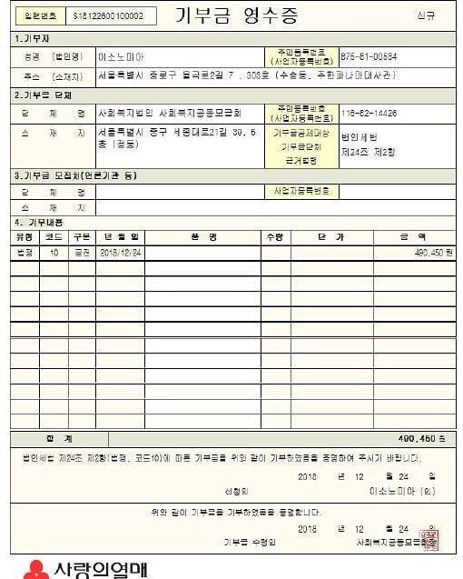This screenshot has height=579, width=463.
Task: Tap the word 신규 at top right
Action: (x=426, y=15)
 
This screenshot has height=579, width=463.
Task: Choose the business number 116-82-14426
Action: (x=369, y=113)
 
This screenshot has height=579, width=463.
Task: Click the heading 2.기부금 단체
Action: (x=43, y=95)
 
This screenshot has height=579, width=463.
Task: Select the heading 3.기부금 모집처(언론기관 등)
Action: (x=74, y=175)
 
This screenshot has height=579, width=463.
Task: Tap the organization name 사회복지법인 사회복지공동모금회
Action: (x=169, y=114)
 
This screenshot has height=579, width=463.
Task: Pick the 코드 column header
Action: (x=54, y=236)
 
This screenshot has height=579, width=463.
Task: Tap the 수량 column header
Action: (x=273, y=236)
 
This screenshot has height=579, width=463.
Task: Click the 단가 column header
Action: (x=330, y=236)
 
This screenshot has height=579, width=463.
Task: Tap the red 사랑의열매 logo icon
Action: (x=34, y=570)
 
